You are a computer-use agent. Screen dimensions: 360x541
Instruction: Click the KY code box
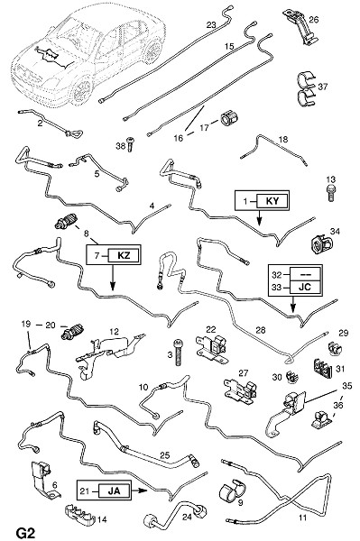click(272, 200)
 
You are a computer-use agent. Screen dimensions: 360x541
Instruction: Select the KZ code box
click(124, 255)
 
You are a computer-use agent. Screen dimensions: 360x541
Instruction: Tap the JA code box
click(115, 491)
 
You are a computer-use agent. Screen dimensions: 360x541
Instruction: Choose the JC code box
click(305, 287)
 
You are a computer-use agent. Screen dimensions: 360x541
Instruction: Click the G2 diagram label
click(25, 532)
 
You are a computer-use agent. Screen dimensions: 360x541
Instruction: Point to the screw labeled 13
click(330, 193)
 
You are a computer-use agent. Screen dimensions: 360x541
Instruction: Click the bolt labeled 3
click(178, 353)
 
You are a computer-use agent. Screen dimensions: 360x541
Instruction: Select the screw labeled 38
click(130, 144)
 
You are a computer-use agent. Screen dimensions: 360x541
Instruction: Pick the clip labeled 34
click(318, 243)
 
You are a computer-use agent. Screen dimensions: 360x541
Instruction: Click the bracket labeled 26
click(300, 28)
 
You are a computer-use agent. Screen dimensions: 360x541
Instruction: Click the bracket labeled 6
click(44, 480)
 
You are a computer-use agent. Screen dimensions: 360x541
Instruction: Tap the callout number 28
click(261, 330)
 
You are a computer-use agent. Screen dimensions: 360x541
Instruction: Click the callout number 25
click(165, 455)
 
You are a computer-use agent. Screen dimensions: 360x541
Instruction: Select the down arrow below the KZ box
click(113, 278)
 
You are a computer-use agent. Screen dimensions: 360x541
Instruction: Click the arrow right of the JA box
click(140, 491)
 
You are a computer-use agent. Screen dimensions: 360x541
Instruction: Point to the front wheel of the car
click(81, 90)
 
